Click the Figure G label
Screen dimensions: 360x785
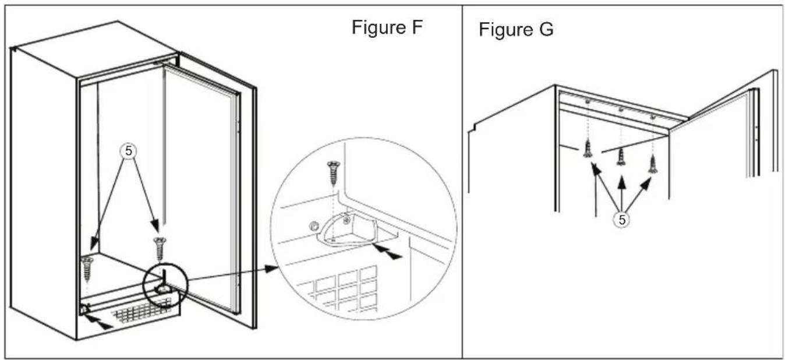pos(516,29)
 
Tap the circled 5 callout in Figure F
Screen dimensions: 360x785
pos(129,151)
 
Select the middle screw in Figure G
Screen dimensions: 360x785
pos(621,154)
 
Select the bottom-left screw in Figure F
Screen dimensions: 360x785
pos(88,267)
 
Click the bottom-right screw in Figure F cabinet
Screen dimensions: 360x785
pos(159,248)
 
